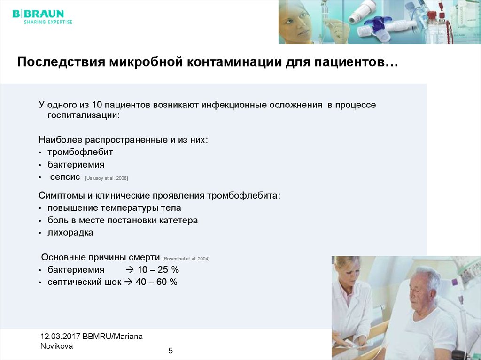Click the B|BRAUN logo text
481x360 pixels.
[x=38, y=14]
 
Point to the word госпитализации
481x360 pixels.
[x=83, y=115]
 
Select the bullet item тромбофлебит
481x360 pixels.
[x=80, y=152]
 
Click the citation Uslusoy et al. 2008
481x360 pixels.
[x=107, y=178]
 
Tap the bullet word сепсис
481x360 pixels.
[x=65, y=177]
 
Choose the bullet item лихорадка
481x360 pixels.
[x=70, y=233]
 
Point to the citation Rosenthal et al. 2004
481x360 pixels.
[x=186, y=259]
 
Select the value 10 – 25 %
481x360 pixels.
[x=158, y=270]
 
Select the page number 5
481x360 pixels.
[x=171, y=351]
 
